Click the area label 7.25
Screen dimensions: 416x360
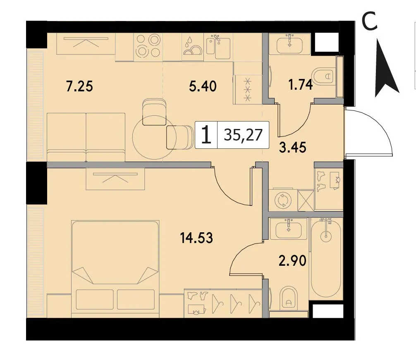(x=79, y=87)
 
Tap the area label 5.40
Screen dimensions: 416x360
(x=203, y=86)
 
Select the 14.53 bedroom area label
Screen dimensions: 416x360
(x=196, y=238)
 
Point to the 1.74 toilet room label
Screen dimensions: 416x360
(x=301, y=86)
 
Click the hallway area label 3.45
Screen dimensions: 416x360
(x=293, y=148)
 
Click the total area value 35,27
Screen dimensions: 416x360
(x=243, y=135)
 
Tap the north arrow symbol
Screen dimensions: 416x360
(x=387, y=68)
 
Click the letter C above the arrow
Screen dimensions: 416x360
(x=370, y=21)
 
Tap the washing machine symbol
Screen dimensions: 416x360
(x=282, y=199)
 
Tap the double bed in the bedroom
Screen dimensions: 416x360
(x=115, y=269)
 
